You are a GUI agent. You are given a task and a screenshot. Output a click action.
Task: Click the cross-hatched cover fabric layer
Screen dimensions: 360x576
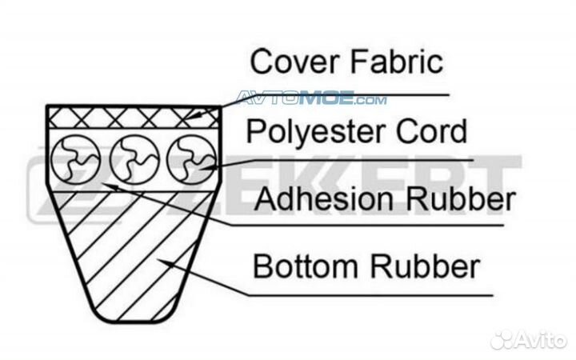coord(132,117)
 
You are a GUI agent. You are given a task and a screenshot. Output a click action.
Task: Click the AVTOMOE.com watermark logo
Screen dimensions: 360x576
coord(312,99)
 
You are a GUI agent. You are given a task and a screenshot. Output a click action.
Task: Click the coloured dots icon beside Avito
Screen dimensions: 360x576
coord(501,339)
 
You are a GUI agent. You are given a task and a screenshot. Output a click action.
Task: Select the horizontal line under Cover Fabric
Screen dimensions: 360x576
coord(360,94)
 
